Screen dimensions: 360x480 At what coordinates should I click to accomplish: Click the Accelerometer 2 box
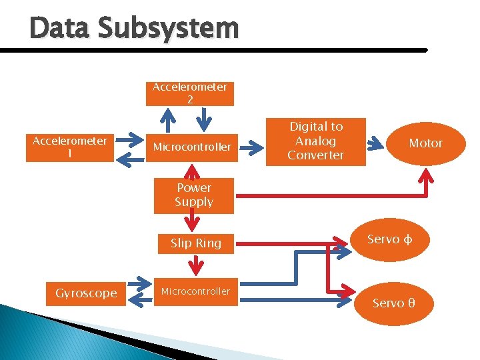pos(190,93)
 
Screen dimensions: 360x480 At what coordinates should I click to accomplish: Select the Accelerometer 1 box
pos(70,147)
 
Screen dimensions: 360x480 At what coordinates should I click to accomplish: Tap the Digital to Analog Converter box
pos(316,141)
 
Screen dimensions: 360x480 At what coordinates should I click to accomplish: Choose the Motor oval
pos(425,143)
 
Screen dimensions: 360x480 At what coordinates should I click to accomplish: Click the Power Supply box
pos(193,195)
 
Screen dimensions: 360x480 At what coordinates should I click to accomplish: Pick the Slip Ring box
pos(195,243)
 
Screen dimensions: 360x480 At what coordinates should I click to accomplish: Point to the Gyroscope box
pos(86,293)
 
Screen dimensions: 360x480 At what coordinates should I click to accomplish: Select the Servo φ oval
pos(390,239)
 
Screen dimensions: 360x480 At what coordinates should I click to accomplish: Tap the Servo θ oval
pos(393,303)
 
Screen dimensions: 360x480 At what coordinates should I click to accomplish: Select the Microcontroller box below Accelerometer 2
pos(193,147)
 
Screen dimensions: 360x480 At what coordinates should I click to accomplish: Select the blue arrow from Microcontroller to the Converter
pos(251,143)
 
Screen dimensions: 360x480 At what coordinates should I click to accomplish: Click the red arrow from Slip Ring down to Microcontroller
pos(194,266)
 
